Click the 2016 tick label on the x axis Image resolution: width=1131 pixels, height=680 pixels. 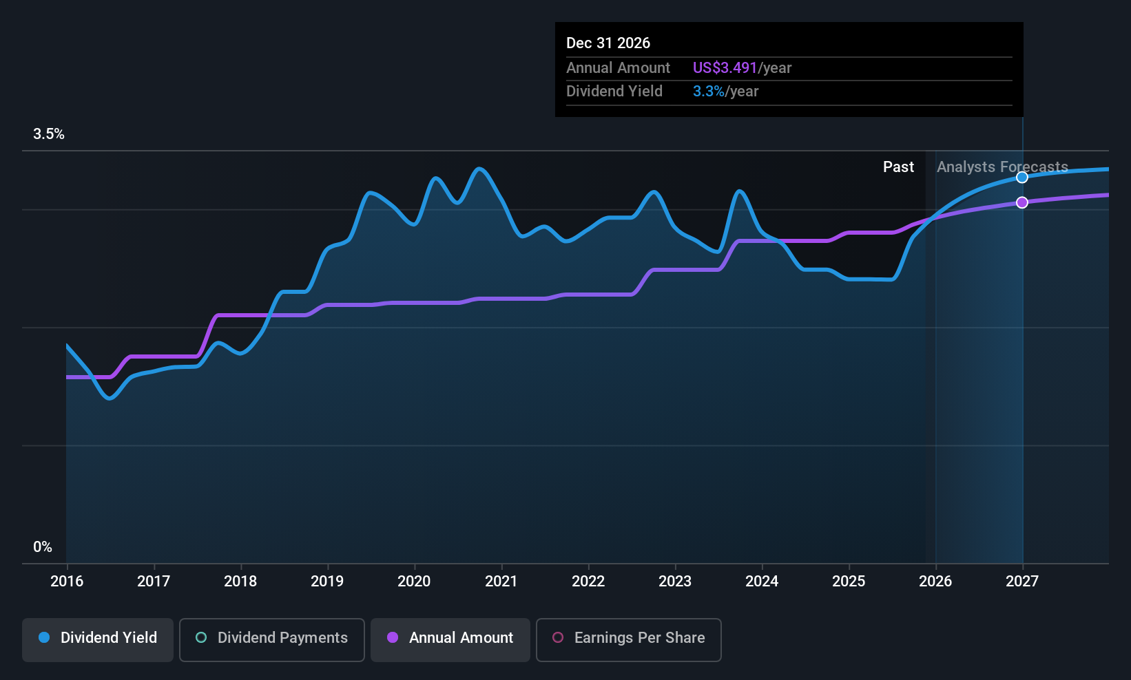point(67,581)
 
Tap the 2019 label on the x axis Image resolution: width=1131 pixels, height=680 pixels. point(327,581)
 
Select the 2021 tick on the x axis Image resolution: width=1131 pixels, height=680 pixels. point(501,581)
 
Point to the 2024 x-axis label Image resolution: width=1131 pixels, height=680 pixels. point(762,581)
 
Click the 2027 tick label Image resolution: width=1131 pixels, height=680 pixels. point(1022,581)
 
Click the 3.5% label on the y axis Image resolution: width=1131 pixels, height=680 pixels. point(49,134)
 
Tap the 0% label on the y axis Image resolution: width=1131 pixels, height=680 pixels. point(43,547)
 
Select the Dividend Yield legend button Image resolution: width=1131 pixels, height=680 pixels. point(98,638)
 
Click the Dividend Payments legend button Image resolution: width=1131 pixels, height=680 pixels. point(272,638)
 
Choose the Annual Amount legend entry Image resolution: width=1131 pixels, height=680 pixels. point(450,638)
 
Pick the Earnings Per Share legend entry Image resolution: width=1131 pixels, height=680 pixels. point(628,638)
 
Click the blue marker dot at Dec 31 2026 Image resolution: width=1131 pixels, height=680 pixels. point(1022,178)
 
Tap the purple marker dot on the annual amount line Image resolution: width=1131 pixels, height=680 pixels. point(1022,202)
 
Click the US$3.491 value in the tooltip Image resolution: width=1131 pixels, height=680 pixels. point(725,68)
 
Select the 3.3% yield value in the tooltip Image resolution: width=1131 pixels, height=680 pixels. point(708,92)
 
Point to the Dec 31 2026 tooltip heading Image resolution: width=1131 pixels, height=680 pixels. point(608,43)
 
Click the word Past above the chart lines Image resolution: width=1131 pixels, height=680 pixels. point(898,167)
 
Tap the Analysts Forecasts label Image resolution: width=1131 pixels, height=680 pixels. point(1002,167)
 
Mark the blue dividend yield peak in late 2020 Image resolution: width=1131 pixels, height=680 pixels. point(480,169)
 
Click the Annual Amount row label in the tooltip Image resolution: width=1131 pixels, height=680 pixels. point(618,68)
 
